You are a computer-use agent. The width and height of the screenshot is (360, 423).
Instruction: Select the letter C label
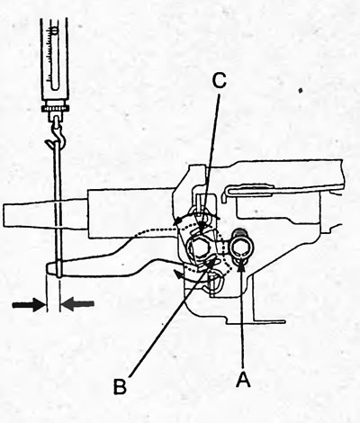point(219,80)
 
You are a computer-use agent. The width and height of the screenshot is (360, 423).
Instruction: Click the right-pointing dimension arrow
point(29,304)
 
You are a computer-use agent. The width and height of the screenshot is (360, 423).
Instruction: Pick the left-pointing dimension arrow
point(77,304)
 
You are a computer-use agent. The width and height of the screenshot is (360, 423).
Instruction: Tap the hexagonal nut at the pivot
point(199,248)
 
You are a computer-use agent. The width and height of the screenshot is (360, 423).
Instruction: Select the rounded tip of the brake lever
point(50,268)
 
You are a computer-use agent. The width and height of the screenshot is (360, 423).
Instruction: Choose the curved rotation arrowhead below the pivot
point(177,274)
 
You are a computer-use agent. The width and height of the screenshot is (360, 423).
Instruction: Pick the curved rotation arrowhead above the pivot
point(179,221)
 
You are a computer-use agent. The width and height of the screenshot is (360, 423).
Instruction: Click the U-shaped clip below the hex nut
point(215,282)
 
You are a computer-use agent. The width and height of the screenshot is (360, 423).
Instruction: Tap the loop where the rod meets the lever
point(59,269)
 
